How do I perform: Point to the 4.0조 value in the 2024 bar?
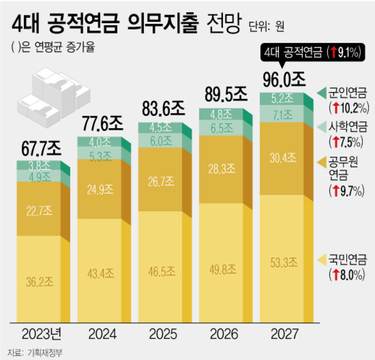tap(99, 142)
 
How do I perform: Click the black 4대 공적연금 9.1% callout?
tap(313, 52)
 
